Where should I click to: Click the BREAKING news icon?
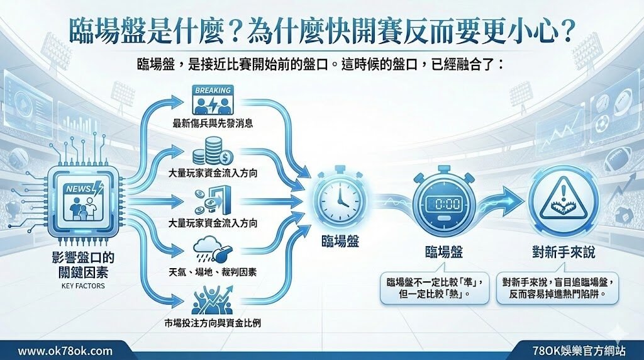(x=213, y=100)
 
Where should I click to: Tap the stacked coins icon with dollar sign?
(x=213, y=151)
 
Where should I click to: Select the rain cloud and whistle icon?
(x=213, y=249)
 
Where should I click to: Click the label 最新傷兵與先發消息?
(x=213, y=123)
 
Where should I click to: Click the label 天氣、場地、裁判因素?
(x=213, y=272)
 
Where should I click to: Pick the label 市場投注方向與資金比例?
(x=213, y=323)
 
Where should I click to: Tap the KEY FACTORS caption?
(x=83, y=286)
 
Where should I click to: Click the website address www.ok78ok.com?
(x=65, y=351)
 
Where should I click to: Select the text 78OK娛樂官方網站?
(x=579, y=351)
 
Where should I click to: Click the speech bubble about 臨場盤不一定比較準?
(x=435, y=288)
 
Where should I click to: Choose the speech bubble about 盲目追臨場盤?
(x=557, y=288)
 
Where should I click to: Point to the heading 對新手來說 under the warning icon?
(x=563, y=252)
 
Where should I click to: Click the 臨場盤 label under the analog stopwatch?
(x=340, y=241)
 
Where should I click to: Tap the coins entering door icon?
(x=213, y=201)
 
